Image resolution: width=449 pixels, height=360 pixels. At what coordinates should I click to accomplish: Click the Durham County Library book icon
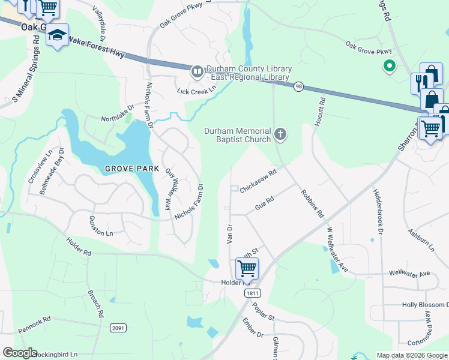pos(197,72)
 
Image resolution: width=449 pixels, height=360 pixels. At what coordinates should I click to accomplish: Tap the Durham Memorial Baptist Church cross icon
pos(280,134)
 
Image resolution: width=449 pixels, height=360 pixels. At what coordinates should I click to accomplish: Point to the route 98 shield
pos(298,88)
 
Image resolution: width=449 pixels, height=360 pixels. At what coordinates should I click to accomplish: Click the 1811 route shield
pos(252,292)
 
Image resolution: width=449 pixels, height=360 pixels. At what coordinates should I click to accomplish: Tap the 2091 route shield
pos(118,328)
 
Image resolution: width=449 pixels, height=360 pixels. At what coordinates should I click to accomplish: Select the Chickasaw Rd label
pos(258,181)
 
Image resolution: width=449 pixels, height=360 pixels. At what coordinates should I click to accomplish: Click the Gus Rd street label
pos(264,202)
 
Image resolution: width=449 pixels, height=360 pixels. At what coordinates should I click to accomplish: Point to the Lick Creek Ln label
pos(196,91)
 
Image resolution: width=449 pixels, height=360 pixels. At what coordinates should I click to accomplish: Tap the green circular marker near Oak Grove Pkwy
pos(389,66)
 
